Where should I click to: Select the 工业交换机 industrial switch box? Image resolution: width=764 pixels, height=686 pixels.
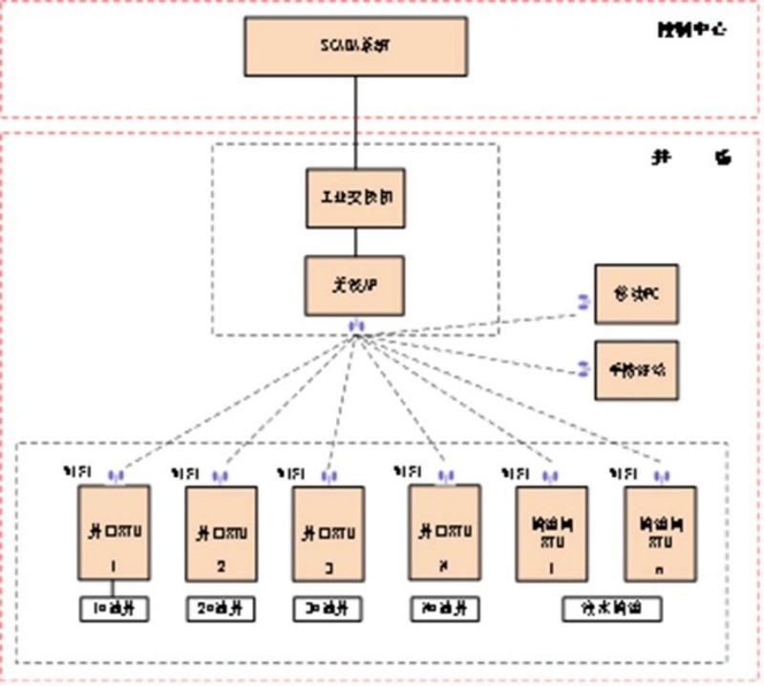click(x=355, y=199)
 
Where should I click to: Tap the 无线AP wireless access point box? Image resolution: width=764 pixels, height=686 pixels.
click(x=355, y=286)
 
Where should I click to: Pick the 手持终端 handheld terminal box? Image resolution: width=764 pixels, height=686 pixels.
click(x=636, y=369)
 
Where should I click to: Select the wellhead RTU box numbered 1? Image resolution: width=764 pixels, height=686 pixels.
click(x=114, y=533)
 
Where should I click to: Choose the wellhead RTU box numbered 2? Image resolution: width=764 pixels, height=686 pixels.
click(x=222, y=533)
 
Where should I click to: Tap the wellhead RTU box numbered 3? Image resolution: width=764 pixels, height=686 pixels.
click(x=329, y=533)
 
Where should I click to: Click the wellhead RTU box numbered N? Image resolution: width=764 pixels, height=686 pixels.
click(x=443, y=532)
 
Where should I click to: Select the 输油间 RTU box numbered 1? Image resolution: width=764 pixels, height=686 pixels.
click(x=551, y=533)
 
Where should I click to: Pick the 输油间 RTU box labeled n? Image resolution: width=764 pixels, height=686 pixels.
click(x=659, y=533)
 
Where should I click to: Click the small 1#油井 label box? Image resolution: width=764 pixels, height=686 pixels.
click(x=114, y=608)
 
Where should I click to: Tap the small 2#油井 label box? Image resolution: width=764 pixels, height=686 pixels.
click(x=222, y=608)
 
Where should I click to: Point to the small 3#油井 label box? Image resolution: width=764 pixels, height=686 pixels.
click(x=329, y=608)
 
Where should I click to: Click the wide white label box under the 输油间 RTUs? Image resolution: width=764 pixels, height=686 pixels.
click(x=606, y=608)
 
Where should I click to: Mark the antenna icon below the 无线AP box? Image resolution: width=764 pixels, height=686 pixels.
click(x=355, y=326)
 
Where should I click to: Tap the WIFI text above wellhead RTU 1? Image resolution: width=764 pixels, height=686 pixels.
click(x=74, y=472)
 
